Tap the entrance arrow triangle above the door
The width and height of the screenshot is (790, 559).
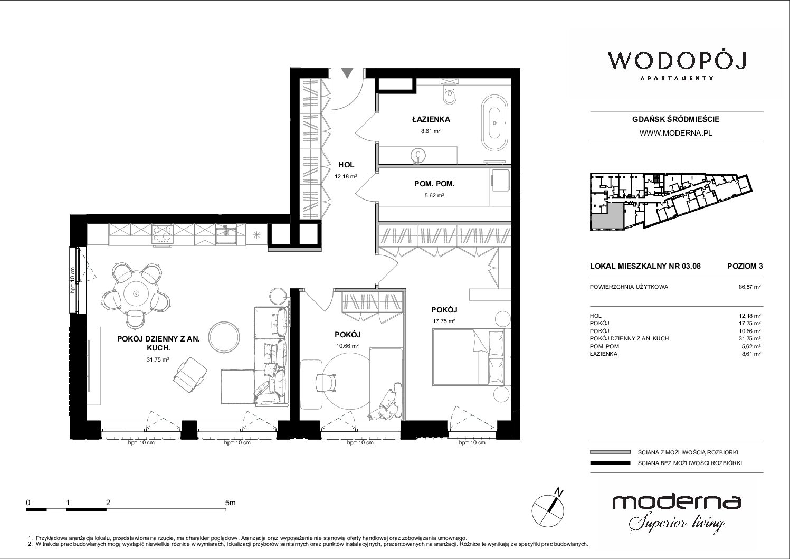347,73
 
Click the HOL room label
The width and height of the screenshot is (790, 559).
346,165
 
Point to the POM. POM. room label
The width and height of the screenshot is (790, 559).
434,184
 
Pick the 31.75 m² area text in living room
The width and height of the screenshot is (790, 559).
158,360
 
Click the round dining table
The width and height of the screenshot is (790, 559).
136,293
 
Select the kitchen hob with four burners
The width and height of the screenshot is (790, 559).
162,234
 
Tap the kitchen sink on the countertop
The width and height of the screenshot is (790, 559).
226,234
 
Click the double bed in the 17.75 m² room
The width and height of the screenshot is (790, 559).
472,356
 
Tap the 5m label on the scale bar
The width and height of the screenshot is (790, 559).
230,503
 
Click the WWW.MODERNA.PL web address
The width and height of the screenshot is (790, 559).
675,133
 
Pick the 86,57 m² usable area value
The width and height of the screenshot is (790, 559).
749,287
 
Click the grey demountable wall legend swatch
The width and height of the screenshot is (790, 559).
610,452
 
